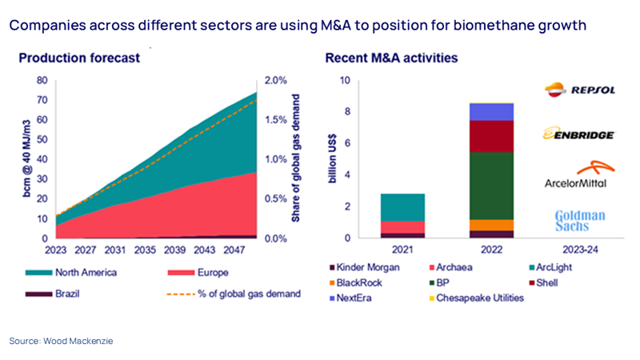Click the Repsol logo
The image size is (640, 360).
tap(579, 90)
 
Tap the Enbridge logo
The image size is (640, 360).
tap(579, 134)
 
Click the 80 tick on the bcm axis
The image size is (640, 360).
tap(42, 81)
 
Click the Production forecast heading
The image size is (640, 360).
tap(79, 58)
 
